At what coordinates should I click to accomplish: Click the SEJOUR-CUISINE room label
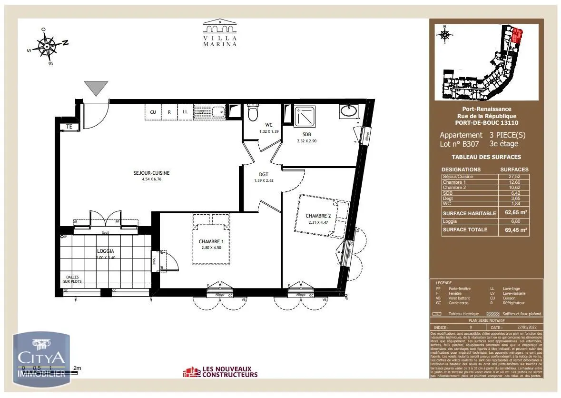151,173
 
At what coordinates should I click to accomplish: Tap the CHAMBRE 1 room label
211,241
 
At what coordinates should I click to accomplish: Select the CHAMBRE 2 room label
318,216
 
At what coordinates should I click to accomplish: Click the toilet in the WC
253,113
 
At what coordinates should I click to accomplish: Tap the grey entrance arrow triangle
96,88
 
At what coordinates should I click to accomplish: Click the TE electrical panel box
69,127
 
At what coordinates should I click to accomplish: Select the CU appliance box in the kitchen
153,112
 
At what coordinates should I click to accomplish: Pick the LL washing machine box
185,112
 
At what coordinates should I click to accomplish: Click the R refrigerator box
169,112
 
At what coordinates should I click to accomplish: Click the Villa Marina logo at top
220,33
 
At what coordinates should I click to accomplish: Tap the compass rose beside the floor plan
48,46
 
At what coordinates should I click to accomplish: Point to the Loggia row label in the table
450,221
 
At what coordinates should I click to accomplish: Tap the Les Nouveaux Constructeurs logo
220,371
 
